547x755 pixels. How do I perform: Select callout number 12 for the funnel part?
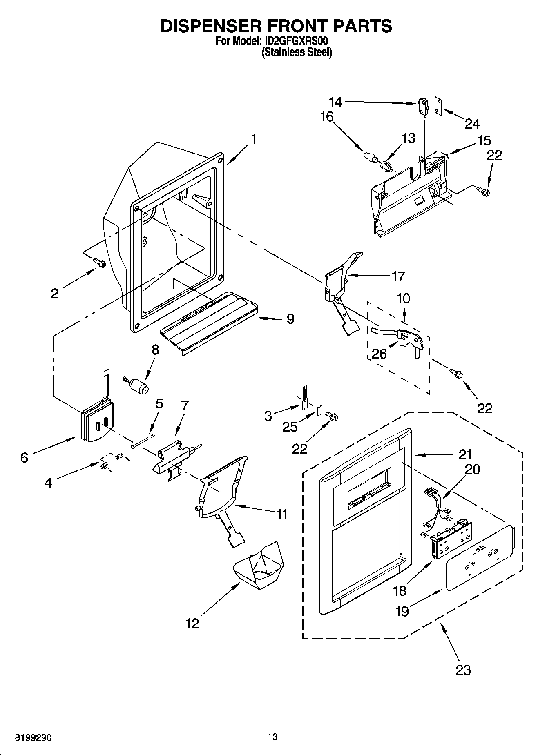click(x=192, y=624)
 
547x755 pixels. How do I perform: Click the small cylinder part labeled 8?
click(x=139, y=385)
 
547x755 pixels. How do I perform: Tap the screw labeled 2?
click(x=99, y=263)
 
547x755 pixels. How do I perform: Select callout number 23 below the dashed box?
click(x=463, y=670)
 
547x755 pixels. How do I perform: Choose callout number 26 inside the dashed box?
click(x=379, y=354)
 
